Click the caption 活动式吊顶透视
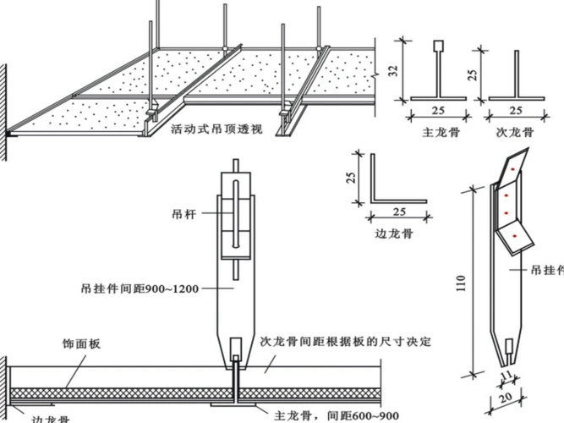coord(216,129)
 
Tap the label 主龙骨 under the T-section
coord(440,132)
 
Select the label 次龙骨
coord(514,132)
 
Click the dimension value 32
coord(393,71)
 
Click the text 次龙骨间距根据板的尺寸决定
coord(346,342)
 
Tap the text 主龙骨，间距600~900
coord(337,415)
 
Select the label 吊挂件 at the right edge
coord(546,270)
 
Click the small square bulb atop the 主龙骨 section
coord(438,46)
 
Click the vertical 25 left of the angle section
coord(349,178)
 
